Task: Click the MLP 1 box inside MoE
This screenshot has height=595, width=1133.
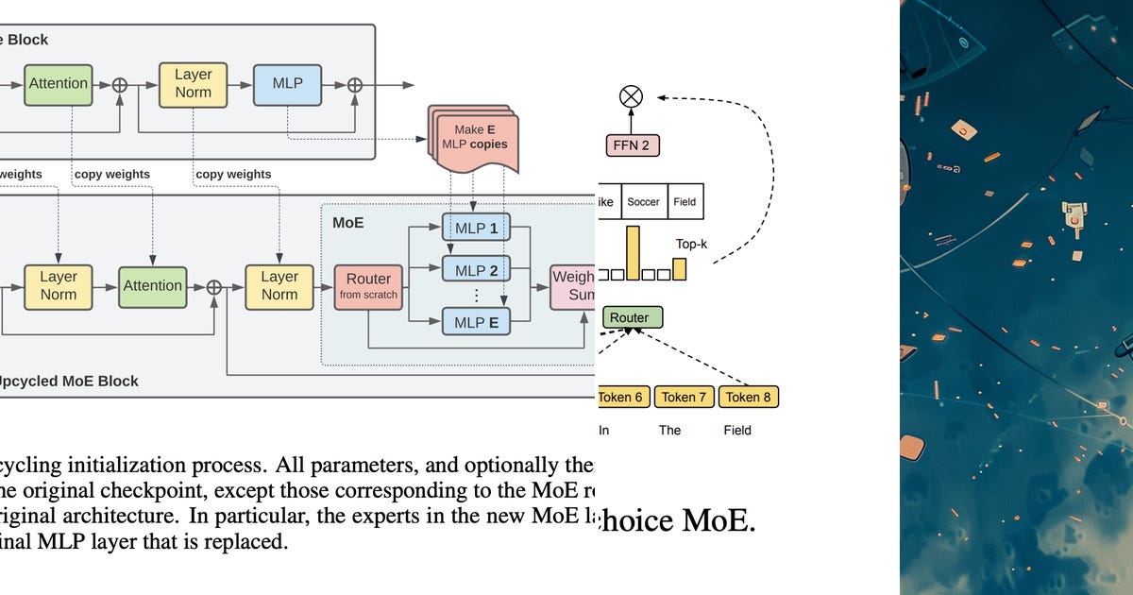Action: [x=476, y=228]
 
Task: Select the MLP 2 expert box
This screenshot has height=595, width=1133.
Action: [x=476, y=270]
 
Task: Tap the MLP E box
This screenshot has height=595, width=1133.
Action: [x=476, y=322]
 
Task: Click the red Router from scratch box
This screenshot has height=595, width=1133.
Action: [x=368, y=286]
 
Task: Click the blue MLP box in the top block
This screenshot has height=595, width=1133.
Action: [x=287, y=83]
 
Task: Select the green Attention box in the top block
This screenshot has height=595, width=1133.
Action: [x=58, y=83]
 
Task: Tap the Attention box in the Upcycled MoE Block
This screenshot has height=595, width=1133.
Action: [x=152, y=285]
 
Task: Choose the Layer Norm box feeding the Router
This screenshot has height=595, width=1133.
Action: [x=279, y=285]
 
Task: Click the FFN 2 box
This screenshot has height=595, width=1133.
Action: [x=632, y=145]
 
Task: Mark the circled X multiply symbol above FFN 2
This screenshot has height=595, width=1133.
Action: [x=631, y=95]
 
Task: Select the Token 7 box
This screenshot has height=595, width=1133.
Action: [x=684, y=397]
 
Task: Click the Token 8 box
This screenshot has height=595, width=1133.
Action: [x=748, y=397]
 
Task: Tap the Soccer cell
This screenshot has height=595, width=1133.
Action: [x=643, y=202]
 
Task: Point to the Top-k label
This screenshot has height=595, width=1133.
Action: [x=691, y=244]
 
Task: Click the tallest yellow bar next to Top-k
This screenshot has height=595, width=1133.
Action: [x=633, y=253]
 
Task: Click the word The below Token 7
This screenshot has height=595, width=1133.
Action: [x=669, y=430]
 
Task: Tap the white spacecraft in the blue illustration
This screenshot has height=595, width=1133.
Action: [x=1074, y=218]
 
